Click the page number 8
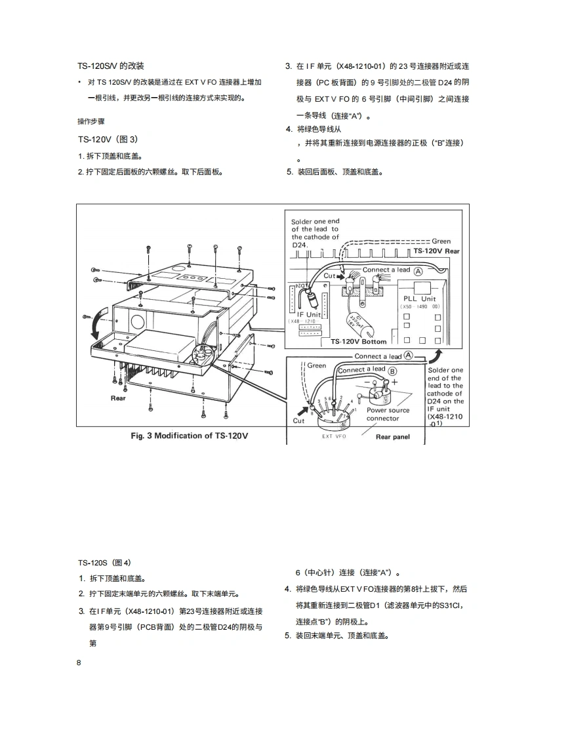click(x=80, y=663)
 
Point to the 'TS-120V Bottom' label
click(x=357, y=342)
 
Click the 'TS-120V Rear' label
click(x=436, y=251)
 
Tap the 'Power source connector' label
click(x=388, y=415)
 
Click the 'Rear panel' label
click(x=392, y=437)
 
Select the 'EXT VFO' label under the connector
click(x=334, y=436)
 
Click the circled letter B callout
click(x=393, y=371)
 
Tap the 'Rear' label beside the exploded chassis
click(x=118, y=398)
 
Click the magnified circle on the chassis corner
click(x=203, y=354)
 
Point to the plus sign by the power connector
click(x=395, y=382)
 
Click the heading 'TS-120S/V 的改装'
click(x=111, y=66)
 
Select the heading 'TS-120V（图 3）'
click(x=108, y=140)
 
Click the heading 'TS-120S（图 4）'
click(x=105, y=562)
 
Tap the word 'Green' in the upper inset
click(x=441, y=241)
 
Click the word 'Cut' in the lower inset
click(x=298, y=420)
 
